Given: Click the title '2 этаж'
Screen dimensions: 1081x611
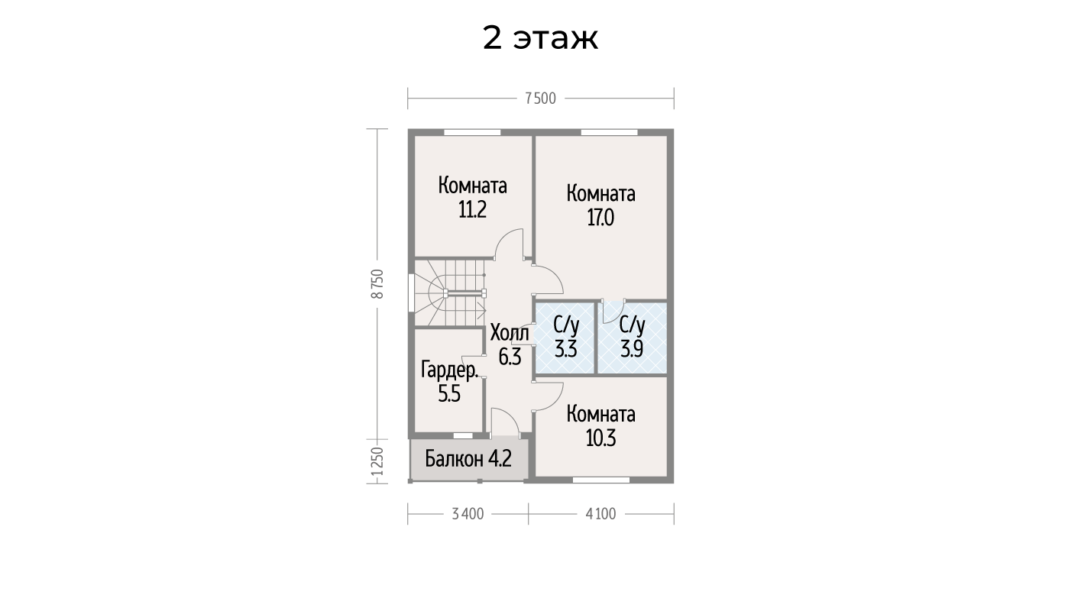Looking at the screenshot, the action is point(541,38).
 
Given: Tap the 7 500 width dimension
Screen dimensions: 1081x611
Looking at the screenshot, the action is point(541,99).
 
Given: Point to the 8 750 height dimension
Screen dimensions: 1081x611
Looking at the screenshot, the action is point(378,284).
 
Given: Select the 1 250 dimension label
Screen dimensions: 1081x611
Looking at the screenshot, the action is point(378,461).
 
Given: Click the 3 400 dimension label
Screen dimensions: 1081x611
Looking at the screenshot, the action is point(468,514).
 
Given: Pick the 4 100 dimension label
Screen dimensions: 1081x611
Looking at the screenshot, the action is point(600,514).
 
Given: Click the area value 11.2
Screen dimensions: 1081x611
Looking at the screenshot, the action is point(472,210).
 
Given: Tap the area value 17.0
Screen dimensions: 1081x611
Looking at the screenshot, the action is point(600,218).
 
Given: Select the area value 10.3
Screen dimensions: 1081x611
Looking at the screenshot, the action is point(600,438).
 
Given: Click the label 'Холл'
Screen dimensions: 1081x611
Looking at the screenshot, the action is point(510,333).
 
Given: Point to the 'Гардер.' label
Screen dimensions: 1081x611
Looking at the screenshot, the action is point(450,370).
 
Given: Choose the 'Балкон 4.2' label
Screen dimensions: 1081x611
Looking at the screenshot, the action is point(468,458).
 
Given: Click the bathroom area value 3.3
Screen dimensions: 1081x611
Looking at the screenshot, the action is point(565,349).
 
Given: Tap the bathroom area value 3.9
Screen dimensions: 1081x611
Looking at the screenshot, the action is point(632,349).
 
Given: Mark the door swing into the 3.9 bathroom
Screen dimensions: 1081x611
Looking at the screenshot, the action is point(613,312).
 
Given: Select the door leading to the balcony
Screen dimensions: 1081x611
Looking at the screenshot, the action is point(505,422).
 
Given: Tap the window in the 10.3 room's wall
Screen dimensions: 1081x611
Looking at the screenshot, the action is point(601,480).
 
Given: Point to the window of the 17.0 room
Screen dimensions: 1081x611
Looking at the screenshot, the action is point(609,132).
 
